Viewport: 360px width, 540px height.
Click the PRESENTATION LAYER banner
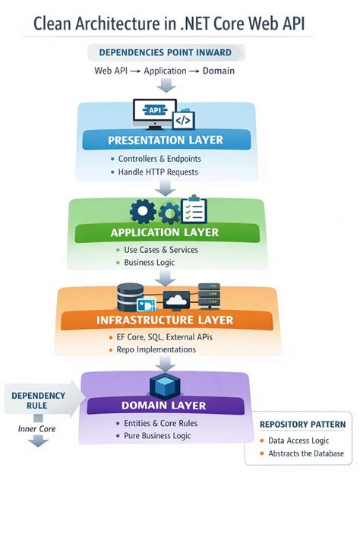pyautogui.click(x=166, y=140)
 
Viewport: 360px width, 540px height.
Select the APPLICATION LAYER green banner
pyautogui.click(x=167, y=232)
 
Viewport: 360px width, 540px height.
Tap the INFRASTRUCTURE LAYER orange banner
pyautogui.click(x=167, y=320)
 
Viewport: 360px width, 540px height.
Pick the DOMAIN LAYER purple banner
pyautogui.click(x=166, y=406)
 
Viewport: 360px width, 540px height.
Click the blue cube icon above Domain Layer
pyautogui.click(x=165, y=386)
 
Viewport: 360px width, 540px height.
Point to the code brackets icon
pyautogui.click(x=183, y=120)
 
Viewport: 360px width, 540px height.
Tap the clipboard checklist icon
pyautogui.click(x=194, y=210)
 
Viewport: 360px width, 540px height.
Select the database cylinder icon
pyautogui.click(x=130, y=296)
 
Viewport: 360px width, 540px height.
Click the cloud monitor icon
pyautogui.click(x=176, y=300)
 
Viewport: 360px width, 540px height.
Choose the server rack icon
pyautogui.click(x=209, y=296)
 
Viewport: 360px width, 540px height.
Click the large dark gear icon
pyautogui.click(x=143, y=211)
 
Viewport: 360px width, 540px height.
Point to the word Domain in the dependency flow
pyautogui.click(x=219, y=71)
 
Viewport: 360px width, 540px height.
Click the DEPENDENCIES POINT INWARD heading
pyautogui.click(x=166, y=52)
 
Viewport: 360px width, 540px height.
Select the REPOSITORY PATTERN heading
pyautogui.click(x=302, y=425)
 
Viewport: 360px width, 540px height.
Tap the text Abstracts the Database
pyautogui.click(x=306, y=453)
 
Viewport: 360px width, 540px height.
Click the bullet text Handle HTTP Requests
pyautogui.click(x=158, y=172)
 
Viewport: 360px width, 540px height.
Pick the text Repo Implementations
pyautogui.click(x=156, y=349)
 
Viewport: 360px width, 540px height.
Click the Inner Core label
pyautogui.click(x=36, y=429)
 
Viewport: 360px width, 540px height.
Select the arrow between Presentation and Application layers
pyautogui.click(x=165, y=188)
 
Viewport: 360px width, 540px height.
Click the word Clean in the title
pyautogui.click(x=52, y=24)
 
